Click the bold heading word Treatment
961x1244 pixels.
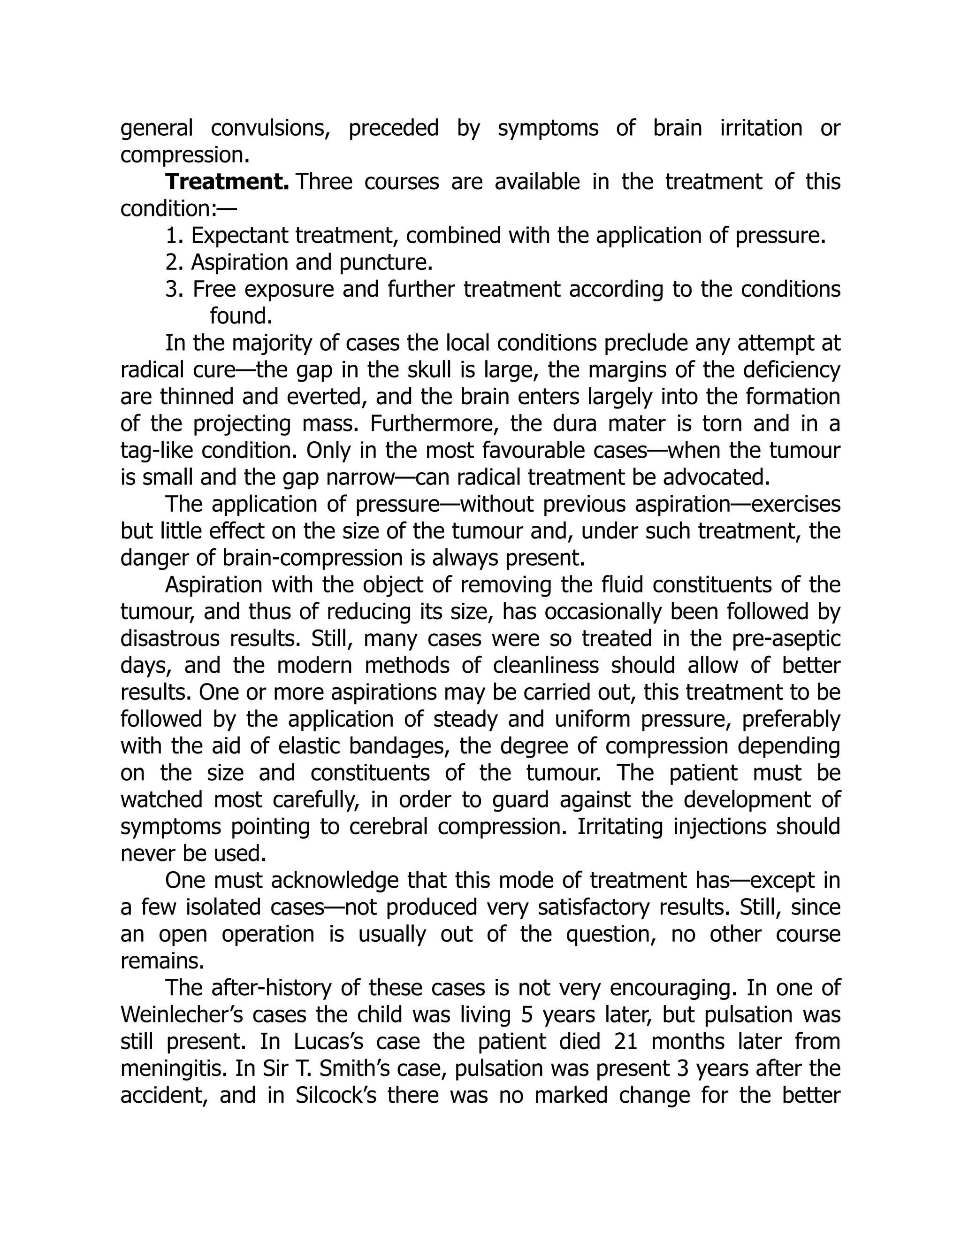[x=227, y=182]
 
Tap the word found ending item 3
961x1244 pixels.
[x=241, y=315]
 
